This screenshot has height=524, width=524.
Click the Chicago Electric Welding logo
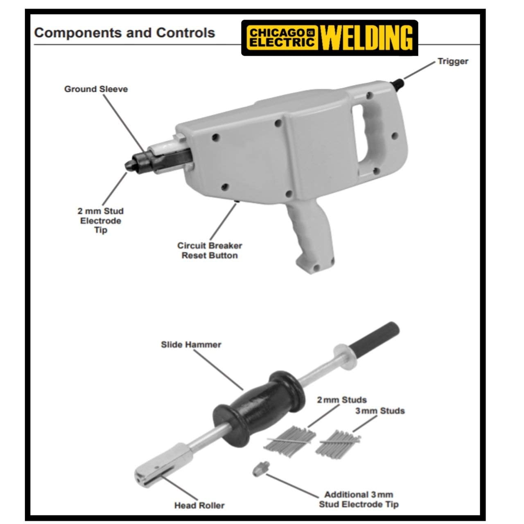[x=330, y=38]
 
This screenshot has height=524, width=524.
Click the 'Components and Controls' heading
[x=124, y=33]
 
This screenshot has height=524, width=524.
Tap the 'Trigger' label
[x=452, y=61]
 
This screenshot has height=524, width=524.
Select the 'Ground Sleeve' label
[x=96, y=89]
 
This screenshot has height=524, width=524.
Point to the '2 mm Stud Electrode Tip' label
[x=100, y=221]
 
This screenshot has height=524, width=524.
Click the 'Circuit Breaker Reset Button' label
[x=209, y=251]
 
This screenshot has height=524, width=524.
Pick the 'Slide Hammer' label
[x=191, y=345]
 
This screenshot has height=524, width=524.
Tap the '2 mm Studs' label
[x=342, y=400]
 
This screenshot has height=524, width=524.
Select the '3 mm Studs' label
[x=380, y=411]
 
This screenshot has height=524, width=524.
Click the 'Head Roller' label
[x=199, y=506]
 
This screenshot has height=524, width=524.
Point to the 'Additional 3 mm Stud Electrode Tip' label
[x=359, y=499]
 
